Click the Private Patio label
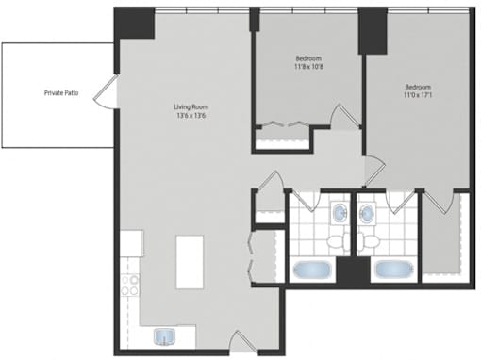(x=61, y=93)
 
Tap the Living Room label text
(x=191, y=107)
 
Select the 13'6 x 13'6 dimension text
(x=191, y=116)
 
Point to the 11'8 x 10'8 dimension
(x=308, y=67)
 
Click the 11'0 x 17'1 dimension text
(x=418, y=94)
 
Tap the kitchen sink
(x=164, y=336)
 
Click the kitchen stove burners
(x=130, y=286)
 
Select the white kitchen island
(x=190, y=262)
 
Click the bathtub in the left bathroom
(x=312, y=270)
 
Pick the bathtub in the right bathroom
(x=394, y=270)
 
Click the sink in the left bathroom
(x=340, y=212)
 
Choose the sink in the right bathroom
(x=367, y=213)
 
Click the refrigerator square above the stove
(x=132, y=243)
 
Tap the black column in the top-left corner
(x=134, y=23)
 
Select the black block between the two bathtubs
(x=354, y=270)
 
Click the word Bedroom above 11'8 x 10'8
(x=308, y=58)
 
